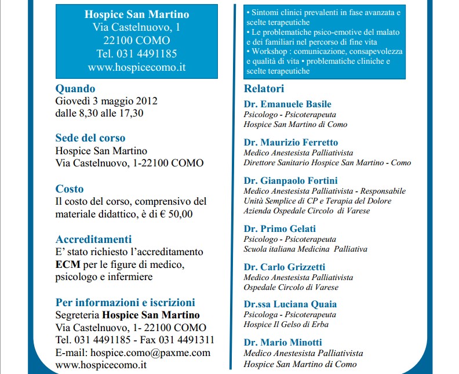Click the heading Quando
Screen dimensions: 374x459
75,89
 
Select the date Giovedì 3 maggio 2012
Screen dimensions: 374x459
107,101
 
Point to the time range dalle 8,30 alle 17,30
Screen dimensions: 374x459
99,113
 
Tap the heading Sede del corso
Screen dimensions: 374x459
90,138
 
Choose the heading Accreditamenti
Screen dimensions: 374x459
93,239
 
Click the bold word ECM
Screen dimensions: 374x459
66,264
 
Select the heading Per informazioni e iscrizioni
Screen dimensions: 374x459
125,302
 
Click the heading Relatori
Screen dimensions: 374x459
264,89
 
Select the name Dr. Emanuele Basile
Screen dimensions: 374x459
287,104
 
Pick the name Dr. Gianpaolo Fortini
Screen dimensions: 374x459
290,181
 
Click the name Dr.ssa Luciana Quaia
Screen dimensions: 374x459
290,304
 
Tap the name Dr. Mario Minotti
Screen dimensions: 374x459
283,342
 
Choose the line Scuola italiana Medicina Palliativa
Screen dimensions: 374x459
305,249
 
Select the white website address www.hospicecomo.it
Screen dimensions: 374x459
137,67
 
